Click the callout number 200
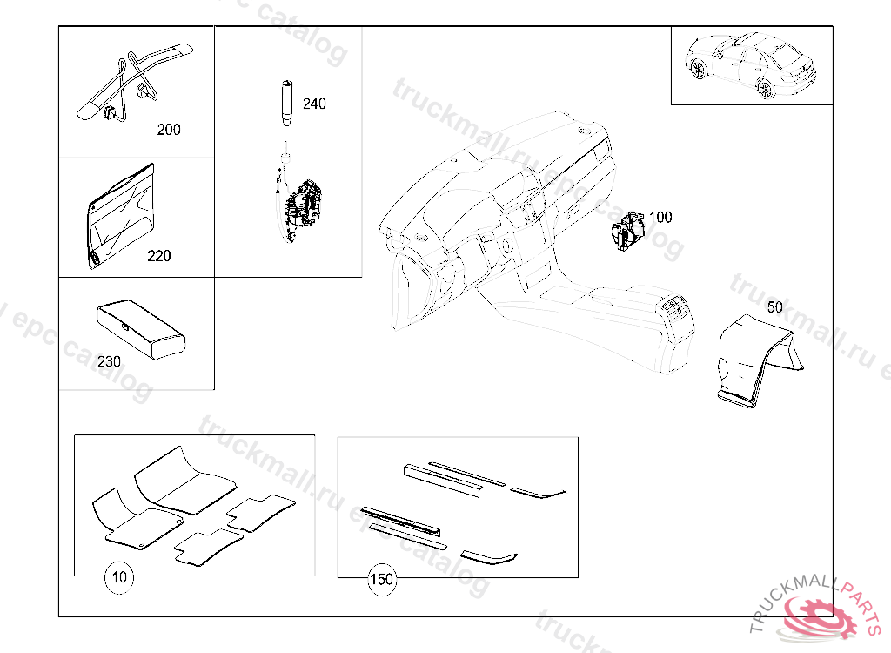tap(169, 130)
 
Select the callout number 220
tap(159, 256)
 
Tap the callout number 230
tap(110, 361)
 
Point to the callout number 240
tap(314, 104)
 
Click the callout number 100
tap(661, 217)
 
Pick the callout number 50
tap(774, 306)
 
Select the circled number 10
tap(120, 577)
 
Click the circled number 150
tap(382, 578)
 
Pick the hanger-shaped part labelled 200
tap(131, 83)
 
